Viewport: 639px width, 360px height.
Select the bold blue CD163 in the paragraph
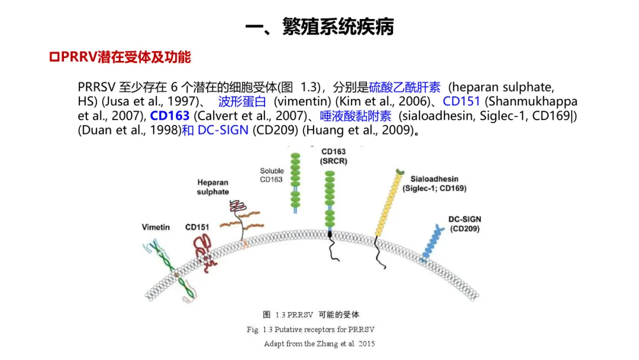pos(170,115)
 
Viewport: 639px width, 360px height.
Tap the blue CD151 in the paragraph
pos(461,101)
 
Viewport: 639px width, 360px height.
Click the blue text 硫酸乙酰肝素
pos(405,87)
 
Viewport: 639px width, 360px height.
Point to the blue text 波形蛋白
pos(242,101)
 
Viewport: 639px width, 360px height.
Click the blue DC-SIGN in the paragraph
pos(222,130)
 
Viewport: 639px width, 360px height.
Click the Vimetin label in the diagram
pos(156,227)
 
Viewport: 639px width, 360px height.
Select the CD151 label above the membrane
pos(197,227)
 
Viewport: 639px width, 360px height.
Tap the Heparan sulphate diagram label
pos(213,187)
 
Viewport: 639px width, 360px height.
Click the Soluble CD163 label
pos(272,175)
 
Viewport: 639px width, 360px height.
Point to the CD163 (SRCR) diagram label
pos(334,156)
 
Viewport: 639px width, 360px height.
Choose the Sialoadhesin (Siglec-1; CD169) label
pos(434,184)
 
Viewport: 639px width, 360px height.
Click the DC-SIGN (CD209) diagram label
pos(464,224)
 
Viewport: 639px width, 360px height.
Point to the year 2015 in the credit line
pos(366,343)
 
